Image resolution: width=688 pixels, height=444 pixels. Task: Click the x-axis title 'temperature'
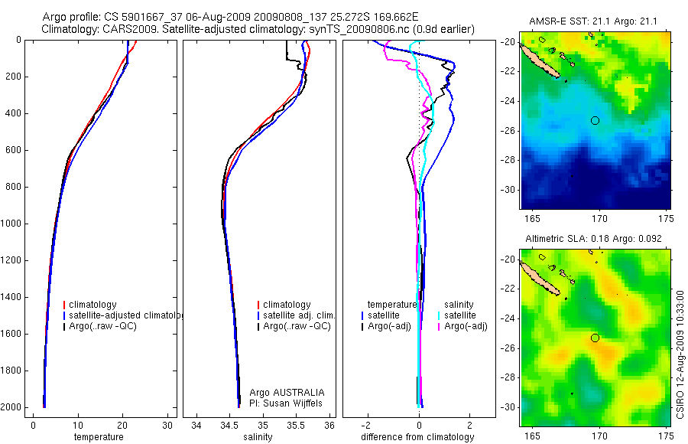click(98, 437)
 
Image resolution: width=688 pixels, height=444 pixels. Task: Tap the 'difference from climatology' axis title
click(417, 437)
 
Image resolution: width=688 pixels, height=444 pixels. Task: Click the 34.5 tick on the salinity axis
click(229, 424)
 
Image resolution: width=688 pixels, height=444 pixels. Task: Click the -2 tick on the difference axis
click(368, 424)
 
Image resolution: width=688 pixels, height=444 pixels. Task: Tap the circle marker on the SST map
click(595, 120)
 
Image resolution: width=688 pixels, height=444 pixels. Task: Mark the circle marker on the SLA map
click(595, 338)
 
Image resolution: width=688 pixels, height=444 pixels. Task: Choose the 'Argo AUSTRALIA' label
click(287, 392)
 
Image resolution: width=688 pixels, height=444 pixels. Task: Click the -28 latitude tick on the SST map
click(511, 160)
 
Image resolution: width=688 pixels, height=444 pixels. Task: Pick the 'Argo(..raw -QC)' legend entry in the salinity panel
click(297, 326)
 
